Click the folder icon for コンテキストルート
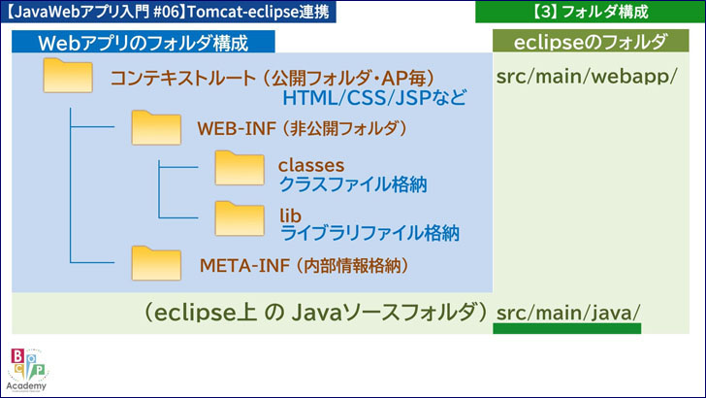pos(68,77)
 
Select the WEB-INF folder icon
pos(155,127)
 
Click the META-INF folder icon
pos(155,263)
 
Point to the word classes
pos(310,164)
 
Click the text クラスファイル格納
pos(353,183)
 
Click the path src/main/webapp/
pos(586,77)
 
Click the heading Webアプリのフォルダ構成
pos(142,43)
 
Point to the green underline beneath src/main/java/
pos(567,329)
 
